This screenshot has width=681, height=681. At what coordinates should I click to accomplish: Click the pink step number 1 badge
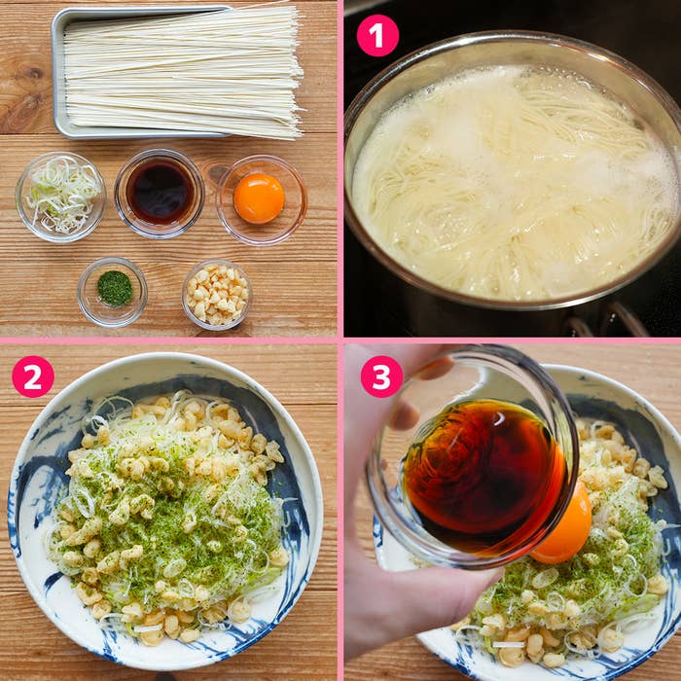tap(377, 36)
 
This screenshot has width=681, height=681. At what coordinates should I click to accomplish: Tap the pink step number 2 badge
tap(33, 376)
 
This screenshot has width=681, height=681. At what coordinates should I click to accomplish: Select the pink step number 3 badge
tap(381, 376)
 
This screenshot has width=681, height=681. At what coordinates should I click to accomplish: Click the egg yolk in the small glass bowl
tap(259, 198)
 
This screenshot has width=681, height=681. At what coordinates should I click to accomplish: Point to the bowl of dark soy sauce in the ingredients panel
tap(160, 194)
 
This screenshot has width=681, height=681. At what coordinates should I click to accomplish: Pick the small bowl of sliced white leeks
tap(60, 197)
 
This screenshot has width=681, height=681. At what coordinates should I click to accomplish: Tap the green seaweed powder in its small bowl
tap(115, 288)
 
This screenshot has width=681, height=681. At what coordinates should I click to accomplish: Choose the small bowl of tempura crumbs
tap(217, 294)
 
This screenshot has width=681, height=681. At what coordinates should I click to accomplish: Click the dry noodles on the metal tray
tap(183, 72)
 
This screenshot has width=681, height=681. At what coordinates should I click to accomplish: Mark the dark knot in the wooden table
tap(32, 73)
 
